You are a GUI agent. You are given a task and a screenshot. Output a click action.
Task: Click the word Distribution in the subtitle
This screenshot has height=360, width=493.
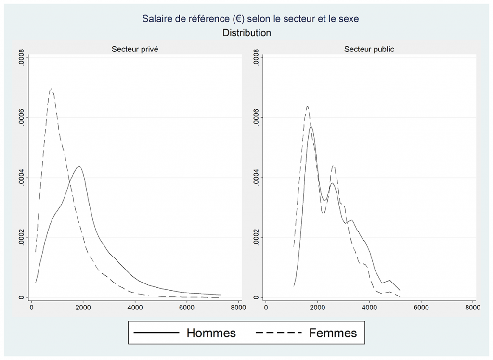click(246, 33)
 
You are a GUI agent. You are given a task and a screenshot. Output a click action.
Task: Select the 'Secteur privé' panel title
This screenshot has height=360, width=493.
click(135, 50)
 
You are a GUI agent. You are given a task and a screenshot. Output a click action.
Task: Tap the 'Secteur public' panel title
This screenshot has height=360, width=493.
click(369, 50)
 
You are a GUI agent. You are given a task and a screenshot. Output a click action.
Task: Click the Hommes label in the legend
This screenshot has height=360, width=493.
click(211, 333)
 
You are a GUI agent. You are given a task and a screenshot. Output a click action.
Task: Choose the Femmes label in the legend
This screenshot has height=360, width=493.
click(333, 333)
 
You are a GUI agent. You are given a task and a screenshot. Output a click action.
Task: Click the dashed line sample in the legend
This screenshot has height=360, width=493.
click(278, 333)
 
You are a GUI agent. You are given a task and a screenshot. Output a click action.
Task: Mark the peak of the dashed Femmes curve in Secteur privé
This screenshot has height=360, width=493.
click(51, 89)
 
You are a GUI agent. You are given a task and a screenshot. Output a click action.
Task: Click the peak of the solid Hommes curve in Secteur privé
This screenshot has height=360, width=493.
click(78, 166)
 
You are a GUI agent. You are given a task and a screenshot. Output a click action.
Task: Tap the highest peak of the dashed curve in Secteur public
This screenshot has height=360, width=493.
click(307, 106)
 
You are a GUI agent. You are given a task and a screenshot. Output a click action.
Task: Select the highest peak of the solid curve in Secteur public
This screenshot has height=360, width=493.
click(311, 126)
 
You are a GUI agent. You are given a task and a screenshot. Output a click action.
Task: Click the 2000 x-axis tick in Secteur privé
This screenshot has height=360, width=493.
click(83, 308)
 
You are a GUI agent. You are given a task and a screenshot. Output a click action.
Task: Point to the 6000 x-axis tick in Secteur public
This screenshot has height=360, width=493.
click(421, 308)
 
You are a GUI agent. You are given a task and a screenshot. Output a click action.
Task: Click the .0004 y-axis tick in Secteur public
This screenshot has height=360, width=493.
click(256, 178)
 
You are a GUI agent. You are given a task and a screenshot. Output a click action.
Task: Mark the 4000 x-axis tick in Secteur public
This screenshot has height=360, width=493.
click(369, 308)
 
